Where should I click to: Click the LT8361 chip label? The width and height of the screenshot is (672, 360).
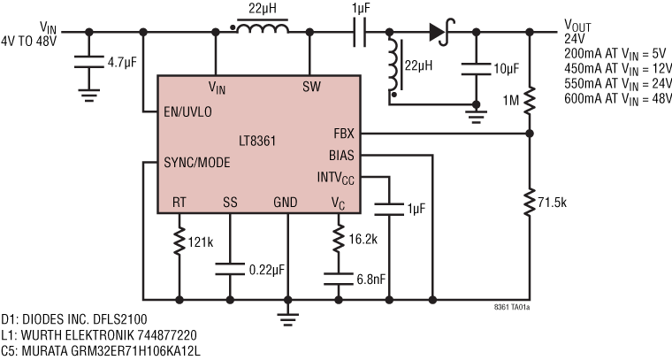(x=260, y=140)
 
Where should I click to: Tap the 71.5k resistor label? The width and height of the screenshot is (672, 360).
(x=561, y=204)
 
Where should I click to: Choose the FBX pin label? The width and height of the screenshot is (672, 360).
(x=343, y=134)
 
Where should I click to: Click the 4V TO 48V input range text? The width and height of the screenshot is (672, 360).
(x=34, y=40)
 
